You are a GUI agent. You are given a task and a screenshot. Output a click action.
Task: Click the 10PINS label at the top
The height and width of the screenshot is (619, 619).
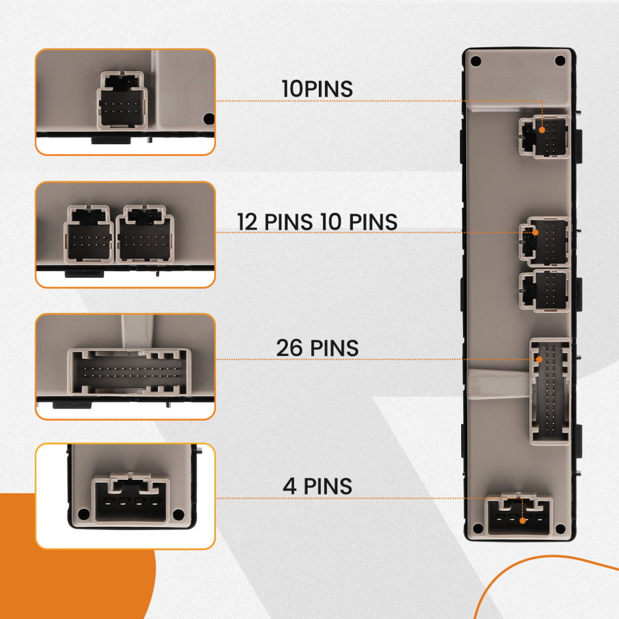(317, 89)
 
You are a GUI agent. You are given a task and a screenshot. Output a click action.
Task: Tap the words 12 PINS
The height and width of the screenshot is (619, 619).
(275, 222)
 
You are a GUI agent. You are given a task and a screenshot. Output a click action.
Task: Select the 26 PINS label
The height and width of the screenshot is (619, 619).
(318, 348)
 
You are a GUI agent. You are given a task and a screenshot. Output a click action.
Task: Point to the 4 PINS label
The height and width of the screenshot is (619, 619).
(318, 487)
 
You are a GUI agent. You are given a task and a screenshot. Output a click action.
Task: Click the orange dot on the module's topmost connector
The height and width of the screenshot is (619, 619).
(542, 130)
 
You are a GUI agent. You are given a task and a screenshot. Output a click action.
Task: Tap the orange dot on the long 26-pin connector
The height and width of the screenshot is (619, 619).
(539, 359)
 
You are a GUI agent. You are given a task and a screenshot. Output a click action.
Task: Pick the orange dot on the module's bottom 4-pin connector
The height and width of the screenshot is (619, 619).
(522, 521)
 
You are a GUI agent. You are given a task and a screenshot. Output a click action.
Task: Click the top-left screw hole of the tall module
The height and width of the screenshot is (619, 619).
(476, 61)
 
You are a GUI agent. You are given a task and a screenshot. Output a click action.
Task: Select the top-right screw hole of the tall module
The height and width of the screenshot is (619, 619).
(560, 61)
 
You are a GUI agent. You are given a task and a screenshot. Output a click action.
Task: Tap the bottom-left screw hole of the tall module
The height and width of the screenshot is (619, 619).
(478, 528)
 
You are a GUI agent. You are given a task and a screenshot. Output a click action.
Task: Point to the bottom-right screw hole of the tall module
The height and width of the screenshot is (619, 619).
(560, 528)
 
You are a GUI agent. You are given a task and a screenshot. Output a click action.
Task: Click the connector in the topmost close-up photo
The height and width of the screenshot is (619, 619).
(123, 101)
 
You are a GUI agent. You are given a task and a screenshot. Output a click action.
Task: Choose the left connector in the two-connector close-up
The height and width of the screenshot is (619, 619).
(89, 234)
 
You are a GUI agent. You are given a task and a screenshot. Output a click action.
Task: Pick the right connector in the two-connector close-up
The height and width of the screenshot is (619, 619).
(145, 234)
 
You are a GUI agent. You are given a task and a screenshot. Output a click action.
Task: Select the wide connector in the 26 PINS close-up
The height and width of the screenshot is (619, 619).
(129, 372)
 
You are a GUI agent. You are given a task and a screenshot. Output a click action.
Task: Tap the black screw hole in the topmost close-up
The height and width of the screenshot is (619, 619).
(209, 118)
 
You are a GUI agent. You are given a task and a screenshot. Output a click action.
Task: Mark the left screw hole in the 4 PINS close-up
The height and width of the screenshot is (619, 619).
(84, 514)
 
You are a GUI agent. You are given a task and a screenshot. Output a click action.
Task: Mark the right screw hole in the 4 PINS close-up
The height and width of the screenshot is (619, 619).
(178, 514)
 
